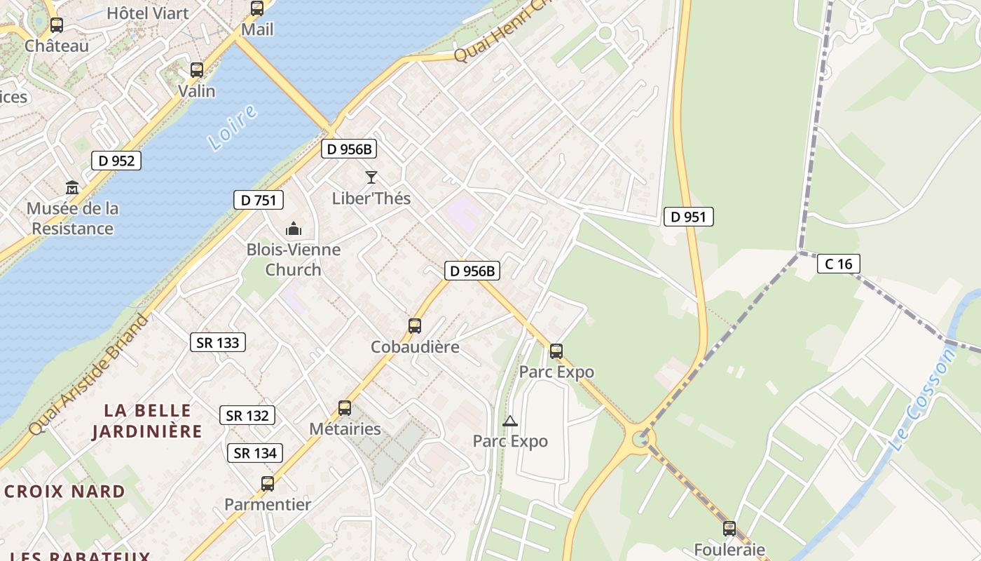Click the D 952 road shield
[x=116, y=161]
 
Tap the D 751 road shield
[x=259, y=200]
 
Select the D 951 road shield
[x=688, y=217]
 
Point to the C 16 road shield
[x=838, y=264]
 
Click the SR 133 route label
[x=218, y=342]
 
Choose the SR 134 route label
[x=255, y=453]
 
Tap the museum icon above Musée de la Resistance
[x=72, y=188]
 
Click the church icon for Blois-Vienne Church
[x=293, y=229]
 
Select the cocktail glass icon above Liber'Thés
[x=371, y=177]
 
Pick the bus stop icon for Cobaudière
[x=415, y=326]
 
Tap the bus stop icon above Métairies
[x=345, y=407]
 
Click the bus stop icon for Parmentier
[x=268, y=483]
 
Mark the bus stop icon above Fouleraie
[x=729, y=528]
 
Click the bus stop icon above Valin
[x=197, y=70]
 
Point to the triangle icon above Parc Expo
[x=510, y=421]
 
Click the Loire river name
[x=233, y=128]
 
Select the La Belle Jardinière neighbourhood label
[x=147, y=421]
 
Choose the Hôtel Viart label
[x=148, y=13]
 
